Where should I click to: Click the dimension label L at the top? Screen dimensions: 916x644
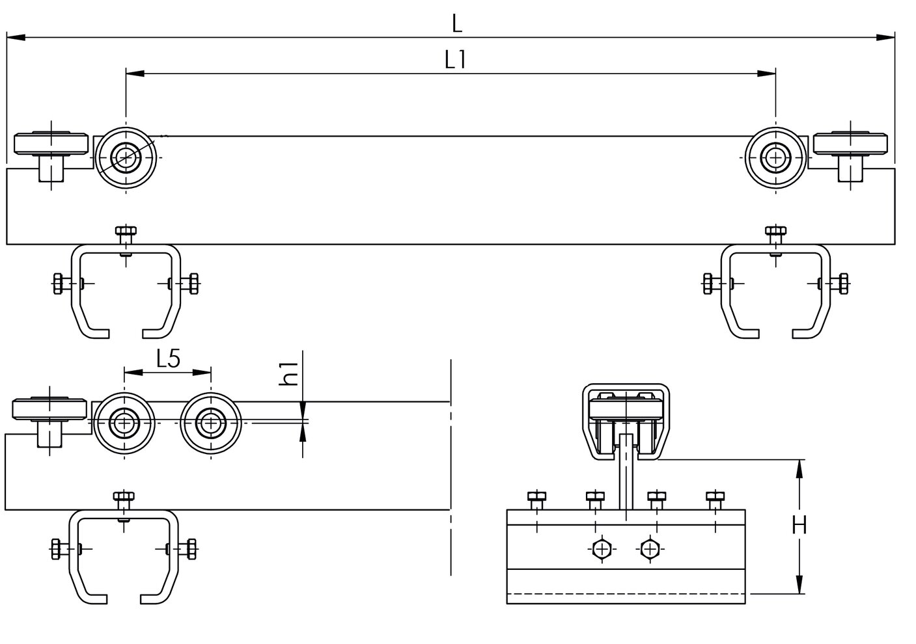tap(457, 23)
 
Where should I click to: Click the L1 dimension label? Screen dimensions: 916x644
tap(455, 60)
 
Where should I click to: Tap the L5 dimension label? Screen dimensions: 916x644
tap(168, 359)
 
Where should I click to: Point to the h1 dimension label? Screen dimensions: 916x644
tap(289, 374)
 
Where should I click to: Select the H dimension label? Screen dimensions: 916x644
tap(799, 525)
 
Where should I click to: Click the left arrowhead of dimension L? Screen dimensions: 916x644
tap(16, 38)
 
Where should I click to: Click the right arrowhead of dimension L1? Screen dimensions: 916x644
tap(766, 74)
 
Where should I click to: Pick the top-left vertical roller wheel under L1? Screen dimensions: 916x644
tap(126, 157)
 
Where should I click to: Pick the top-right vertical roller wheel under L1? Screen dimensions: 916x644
tap(775, 157)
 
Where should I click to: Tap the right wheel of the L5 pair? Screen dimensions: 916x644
tap(210, 423)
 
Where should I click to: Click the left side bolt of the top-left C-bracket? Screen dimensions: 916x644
tap(63, 284)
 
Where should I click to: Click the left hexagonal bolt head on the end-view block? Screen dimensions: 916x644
tap(602, 549)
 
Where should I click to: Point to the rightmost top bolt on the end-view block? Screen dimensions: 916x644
tap(715, 501)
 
